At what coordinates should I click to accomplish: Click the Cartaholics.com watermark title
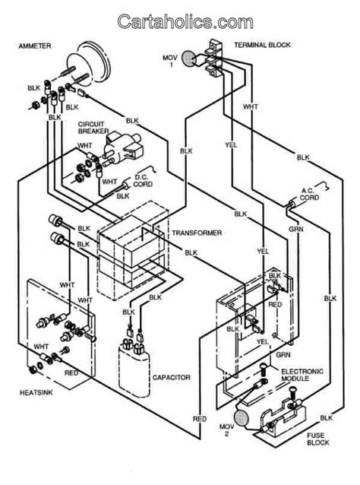click(x=185, y=21)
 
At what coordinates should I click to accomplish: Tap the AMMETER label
click(x=35, y=46)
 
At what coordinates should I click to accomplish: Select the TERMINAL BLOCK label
click(x=262, y=45)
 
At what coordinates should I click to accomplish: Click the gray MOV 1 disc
click(x=188, y=58)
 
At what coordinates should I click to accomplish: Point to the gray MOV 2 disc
click(x=241, y=417)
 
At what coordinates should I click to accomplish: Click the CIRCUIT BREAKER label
click(x=93, y=128)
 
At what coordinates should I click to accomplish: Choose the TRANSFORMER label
click(x=197, y=233)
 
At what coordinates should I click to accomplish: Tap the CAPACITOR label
click(x=172, y=377)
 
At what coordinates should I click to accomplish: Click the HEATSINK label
click(x=36, y=392)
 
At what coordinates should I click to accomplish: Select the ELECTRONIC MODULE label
click(x=302, y=375)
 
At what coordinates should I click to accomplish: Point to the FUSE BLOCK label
click(x=318, y=439)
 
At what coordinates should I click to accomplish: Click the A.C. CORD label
click(x=309, y=195)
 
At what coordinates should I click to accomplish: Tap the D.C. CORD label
click(x=143, y=181)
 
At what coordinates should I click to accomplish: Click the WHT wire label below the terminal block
click(x=250, y=106)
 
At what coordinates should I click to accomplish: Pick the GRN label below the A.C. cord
click(x=296, y=230)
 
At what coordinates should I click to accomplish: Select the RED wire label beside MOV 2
click(x=200, y=419)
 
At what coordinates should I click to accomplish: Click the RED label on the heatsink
click(x=71, y=373)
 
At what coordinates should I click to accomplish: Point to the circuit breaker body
click(x=123, y=147)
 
